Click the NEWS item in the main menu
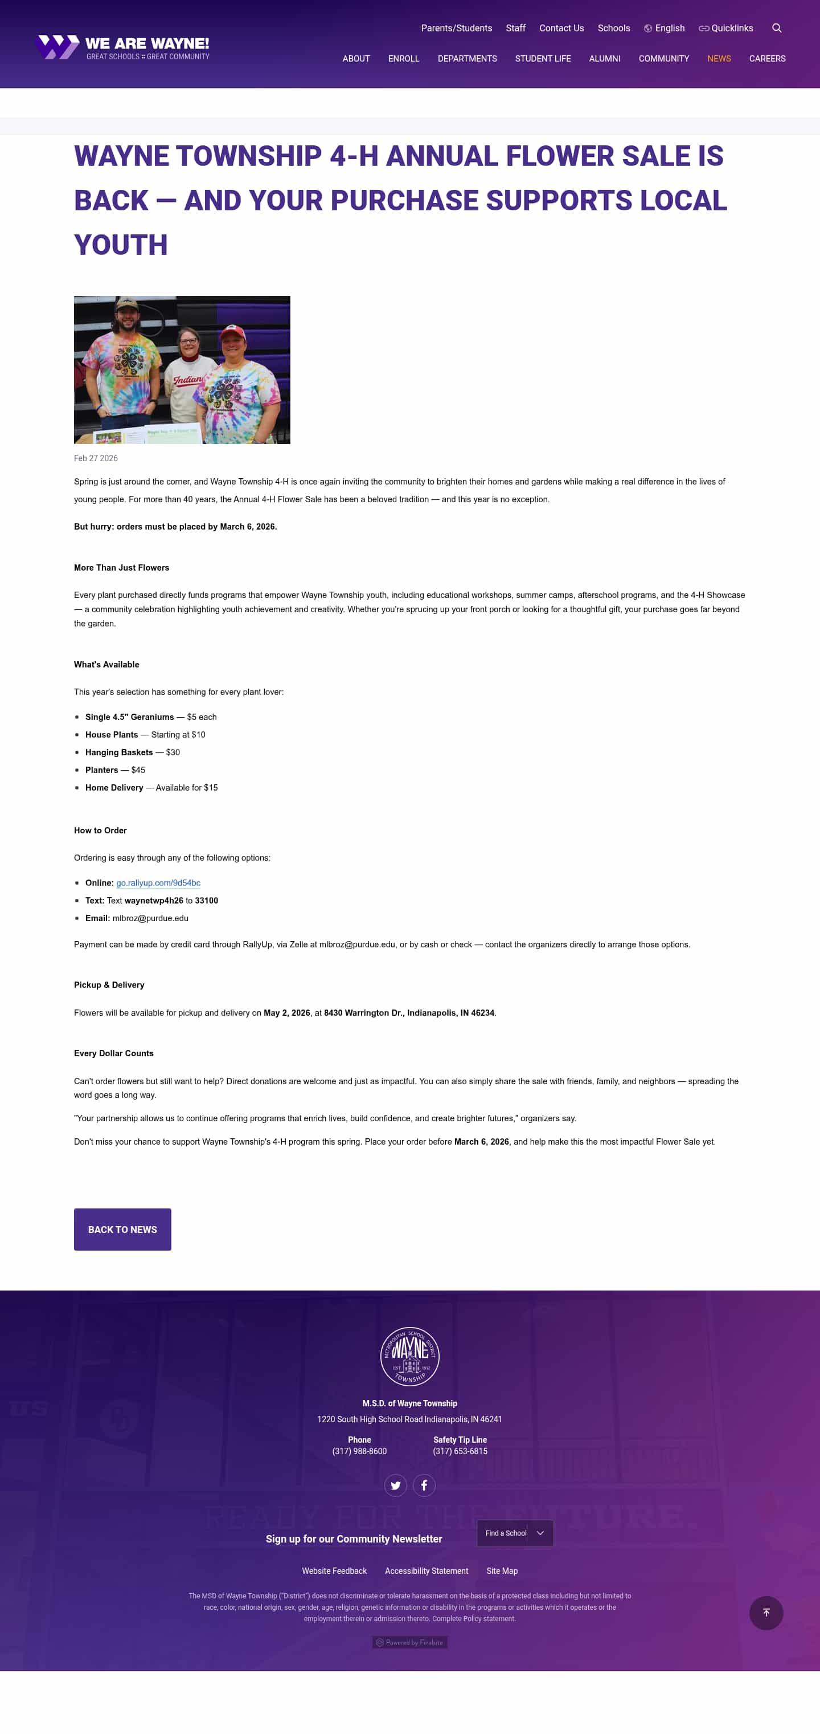[719, 59]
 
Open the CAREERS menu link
[767, 59]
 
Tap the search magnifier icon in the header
[776, 29]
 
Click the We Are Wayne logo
[122, 47]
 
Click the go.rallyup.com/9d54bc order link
[158, 882]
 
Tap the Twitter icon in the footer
[396, 1484]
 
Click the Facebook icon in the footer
[424, 1484]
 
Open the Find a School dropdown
[515, 1533]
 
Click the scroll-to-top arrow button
[765, 1612]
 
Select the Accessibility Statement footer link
[427, 1570]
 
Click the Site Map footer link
[502, 1570]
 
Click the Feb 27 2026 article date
[96, 458]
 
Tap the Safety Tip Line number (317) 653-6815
[460, 1451]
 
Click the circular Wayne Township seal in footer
[409, 1356]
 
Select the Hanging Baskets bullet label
[119, 752]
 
